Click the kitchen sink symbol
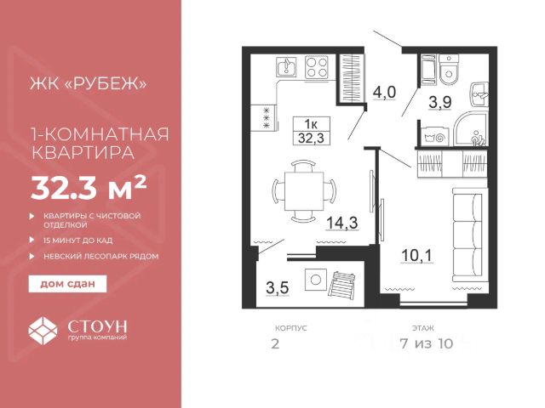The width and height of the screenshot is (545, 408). (286, 67)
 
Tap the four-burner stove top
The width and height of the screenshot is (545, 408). (316, 67)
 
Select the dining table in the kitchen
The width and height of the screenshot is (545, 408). (304, 191)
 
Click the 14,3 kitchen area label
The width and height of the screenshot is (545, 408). (342, 223)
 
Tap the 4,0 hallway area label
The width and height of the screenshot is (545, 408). (384, 93)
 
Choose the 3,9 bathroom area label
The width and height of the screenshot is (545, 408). (439, 102)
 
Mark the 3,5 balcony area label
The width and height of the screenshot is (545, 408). (278, 287)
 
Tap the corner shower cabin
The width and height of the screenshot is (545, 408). (471, 128)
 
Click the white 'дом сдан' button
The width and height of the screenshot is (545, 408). (67, 284)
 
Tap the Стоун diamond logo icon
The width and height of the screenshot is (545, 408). (43, 331)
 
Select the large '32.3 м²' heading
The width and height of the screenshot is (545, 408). (89, 188)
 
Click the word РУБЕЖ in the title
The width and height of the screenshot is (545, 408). (106, 83)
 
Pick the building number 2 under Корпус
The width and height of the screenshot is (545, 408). (275, 344)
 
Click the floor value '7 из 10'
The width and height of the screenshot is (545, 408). (427, 343)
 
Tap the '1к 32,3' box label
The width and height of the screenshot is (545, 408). (311, 131)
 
